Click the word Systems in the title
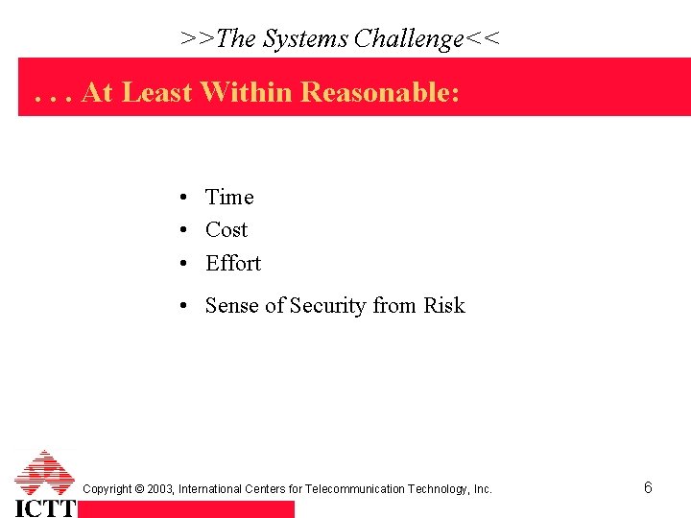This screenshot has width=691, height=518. point(305,38)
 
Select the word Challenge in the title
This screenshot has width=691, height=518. point(408,38)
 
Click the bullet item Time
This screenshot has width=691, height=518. point(229,198)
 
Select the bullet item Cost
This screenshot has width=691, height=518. point(226,230)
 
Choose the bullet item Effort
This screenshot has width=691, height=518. point(233,264)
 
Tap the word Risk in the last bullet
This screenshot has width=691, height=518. point(443,306)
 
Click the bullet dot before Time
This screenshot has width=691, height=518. point(182,199)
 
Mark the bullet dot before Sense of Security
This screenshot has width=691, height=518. point(182,307)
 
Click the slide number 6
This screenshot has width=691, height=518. point(648,488)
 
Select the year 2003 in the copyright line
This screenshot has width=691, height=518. point(160,489)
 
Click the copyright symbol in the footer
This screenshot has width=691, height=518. point(140,489)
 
